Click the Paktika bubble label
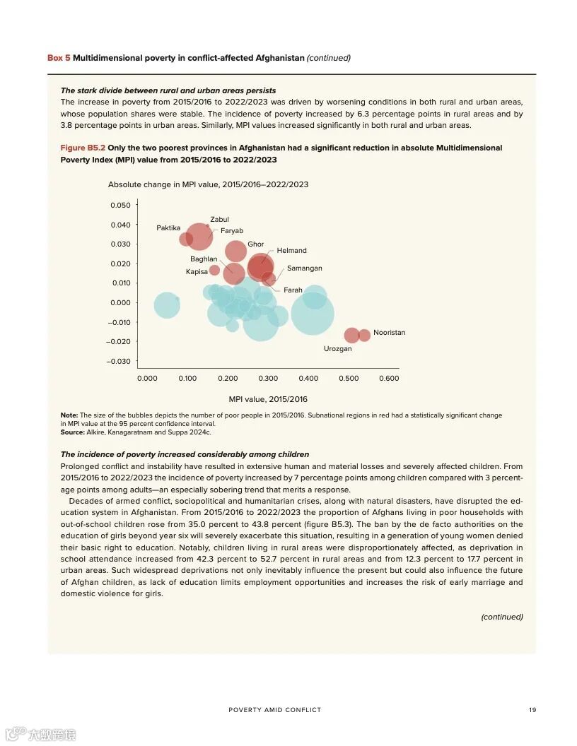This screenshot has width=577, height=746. click(168, 227)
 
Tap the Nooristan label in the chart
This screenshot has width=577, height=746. click(389, 332)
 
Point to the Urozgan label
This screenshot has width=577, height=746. click(337, 349)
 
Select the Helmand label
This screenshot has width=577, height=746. click(291, 251)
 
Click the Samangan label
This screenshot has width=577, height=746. click(304, 268)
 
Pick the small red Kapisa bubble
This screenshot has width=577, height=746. click(214, 270)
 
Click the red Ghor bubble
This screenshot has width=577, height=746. click(236, 251)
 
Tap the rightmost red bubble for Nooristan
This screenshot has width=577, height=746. click(364, 335)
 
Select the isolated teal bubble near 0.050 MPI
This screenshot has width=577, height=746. click(167, 305)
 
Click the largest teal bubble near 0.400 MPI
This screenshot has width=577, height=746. click(312, 314)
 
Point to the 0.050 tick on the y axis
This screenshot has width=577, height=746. click(120, 205)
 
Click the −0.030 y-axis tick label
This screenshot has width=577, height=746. click(118, 361)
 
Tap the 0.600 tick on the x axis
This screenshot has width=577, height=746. click(389, 379)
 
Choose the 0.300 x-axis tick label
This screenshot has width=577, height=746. click(268, 379)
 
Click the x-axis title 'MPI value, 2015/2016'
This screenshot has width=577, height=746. click(268, 399)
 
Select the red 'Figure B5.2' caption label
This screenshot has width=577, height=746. click(83, 148)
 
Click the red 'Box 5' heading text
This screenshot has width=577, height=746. click(59, 58)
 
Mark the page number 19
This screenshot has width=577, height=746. click(532, 710)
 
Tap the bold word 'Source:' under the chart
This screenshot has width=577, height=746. click(73, 432)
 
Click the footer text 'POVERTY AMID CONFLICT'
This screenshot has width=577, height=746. click(274, 710)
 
